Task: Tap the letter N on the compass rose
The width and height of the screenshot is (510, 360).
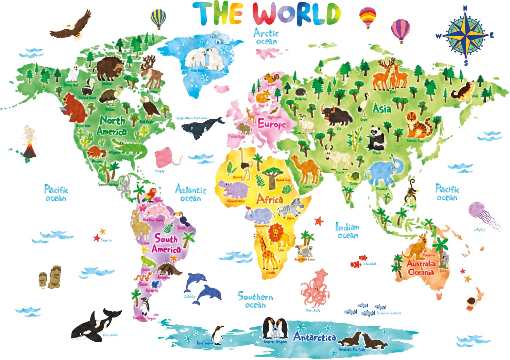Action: (465, 8)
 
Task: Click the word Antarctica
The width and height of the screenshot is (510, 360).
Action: (314, 337)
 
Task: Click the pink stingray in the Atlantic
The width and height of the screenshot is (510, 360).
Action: (166, 157)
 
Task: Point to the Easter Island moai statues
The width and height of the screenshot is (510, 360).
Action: (50, 277)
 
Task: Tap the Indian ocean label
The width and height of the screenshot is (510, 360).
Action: (347, 231)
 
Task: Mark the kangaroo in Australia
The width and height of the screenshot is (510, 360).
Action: (416, 247)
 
